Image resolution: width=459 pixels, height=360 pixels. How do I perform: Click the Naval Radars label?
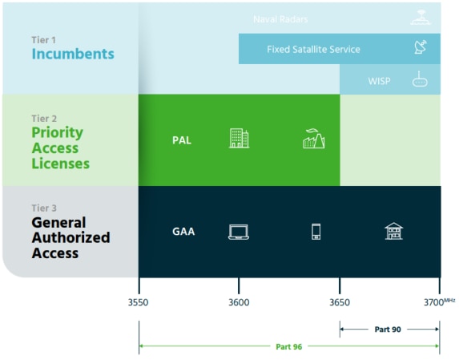(x=280, y=19)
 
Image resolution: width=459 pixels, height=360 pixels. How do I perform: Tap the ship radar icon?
(x=421, y=18)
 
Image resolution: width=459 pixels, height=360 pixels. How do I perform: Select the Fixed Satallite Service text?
(x=313, y=49)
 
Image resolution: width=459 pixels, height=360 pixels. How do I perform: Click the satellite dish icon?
(x=421, y=47)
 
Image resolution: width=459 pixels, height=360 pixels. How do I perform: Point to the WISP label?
(x=379, y=81)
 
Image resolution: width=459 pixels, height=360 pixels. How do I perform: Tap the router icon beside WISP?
(x=420, y=79)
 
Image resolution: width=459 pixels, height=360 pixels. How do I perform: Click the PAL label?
(x=182, y=140)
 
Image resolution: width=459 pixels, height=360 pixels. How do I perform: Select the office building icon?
(x=240, y=138)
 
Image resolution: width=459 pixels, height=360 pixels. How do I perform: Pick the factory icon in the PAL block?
(x=314, y=139)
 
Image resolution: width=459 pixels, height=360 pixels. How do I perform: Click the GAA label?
(x=183, y=232)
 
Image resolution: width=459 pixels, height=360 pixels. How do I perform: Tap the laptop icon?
(x=239, y=232)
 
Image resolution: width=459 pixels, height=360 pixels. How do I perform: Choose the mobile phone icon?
(x=316, y=232)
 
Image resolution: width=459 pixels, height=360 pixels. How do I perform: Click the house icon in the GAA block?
(x=394, y=231)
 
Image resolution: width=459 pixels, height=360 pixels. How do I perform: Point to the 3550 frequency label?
(x=138, y=302)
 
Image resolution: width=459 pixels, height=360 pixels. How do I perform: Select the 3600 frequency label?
(x=239, y=302)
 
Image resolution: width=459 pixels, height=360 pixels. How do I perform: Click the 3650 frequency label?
(x=340, y=302)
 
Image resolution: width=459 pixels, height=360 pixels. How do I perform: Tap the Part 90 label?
(x=388, y=330)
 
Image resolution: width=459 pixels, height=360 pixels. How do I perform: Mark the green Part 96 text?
(x=288, y=347)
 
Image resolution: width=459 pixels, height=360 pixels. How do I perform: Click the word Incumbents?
(x=73, y=54)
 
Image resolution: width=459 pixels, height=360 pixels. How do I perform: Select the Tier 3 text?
(x=44, y=208)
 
